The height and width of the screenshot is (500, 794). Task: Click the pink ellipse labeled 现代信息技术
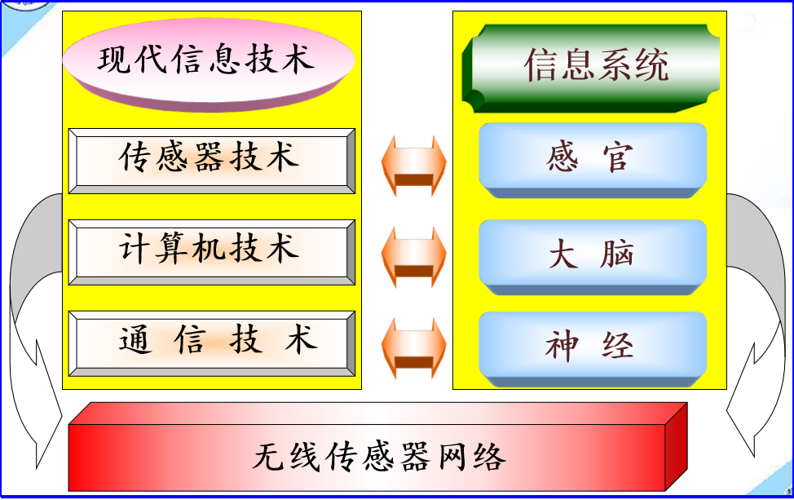[x=209, y=64]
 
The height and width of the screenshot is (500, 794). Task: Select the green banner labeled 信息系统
[x=591, y=68]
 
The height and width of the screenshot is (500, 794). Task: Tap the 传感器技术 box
[x=212, y=161]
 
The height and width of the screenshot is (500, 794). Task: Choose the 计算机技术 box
[x=212, y=252]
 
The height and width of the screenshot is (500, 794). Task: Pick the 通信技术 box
[x=212, y=343]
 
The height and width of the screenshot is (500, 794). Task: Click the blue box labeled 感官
[x=593, y=160]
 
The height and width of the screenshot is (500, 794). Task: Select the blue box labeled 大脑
[x=593, y=257]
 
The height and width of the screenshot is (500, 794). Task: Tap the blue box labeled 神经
[x=593, y=349]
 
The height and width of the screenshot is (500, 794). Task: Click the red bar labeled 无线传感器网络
[x=377, y=447]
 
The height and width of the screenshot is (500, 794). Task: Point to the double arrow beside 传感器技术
[x=414, y=166]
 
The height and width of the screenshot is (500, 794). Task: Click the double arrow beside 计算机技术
[x=414, y=257]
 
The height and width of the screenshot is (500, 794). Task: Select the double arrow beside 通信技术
[x=414, y=348]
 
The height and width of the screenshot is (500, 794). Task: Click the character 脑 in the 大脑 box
[x=617, y=254]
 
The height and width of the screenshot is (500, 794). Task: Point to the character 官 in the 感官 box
[x=618, y=157]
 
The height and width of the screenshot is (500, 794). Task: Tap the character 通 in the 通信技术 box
[x=135, y=338]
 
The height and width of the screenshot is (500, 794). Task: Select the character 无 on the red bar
[x=269, y=456]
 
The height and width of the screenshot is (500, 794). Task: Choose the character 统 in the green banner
[x=651, y=64]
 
